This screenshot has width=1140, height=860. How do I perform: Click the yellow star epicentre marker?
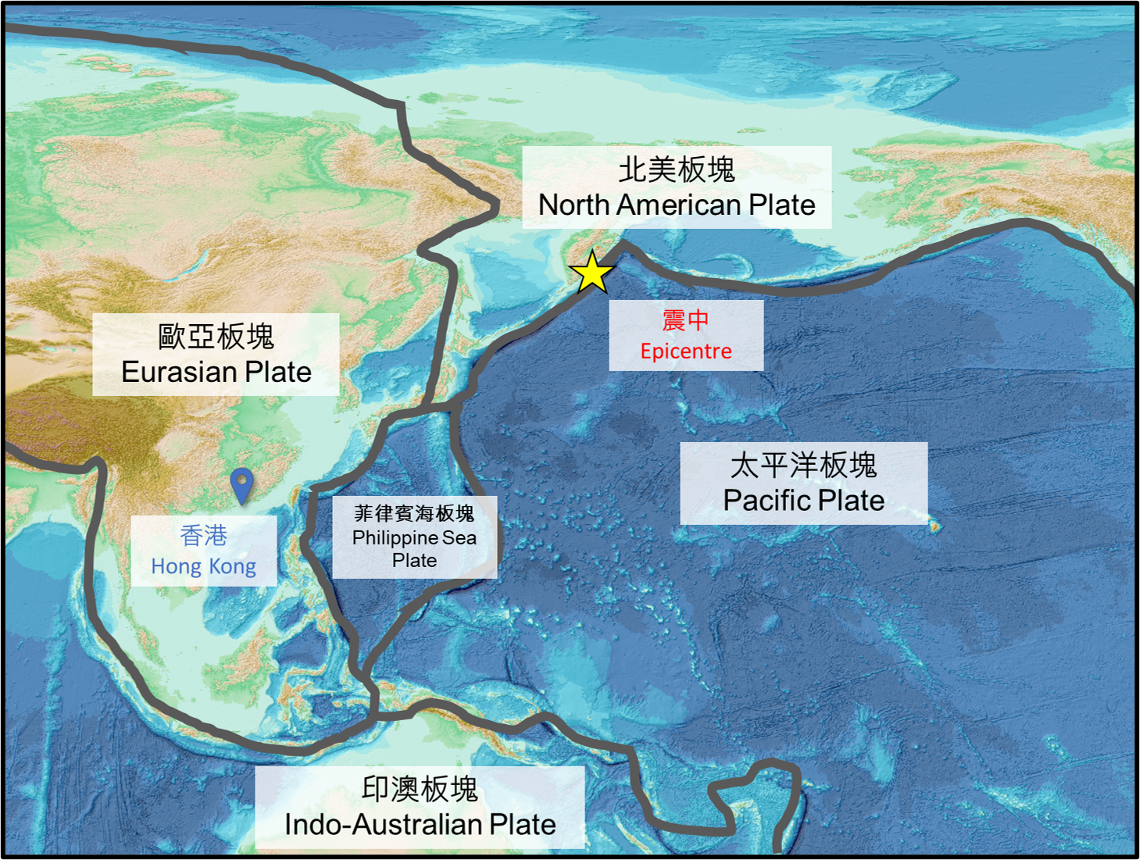(592, 273)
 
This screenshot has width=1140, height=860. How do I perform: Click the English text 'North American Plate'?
(677, 205)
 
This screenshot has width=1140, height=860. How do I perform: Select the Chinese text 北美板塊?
(677, 170)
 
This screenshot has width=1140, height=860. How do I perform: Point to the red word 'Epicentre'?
(686, 351)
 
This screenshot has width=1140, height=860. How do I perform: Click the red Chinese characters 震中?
(685, 319)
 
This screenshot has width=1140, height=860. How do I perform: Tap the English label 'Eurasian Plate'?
(216, 372)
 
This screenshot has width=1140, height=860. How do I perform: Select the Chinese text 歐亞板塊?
(216, 337)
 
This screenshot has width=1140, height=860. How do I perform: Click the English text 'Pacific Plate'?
(803, 501)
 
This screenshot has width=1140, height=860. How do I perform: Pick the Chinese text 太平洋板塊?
(803, 466)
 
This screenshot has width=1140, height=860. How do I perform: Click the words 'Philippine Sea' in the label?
(414, 537)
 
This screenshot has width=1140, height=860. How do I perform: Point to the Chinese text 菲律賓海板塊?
(414, 513)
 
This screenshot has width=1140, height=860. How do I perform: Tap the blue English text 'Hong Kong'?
(203, 566)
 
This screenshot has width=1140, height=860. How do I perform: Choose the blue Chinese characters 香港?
(203, 536)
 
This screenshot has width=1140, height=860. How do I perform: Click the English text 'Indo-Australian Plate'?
(420, 824)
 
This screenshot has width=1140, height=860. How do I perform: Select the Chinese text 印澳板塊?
(420, 789)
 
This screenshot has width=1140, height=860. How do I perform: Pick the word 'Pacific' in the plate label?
(767, 501)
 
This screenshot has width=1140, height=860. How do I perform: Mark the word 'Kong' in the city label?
(232, 567)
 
